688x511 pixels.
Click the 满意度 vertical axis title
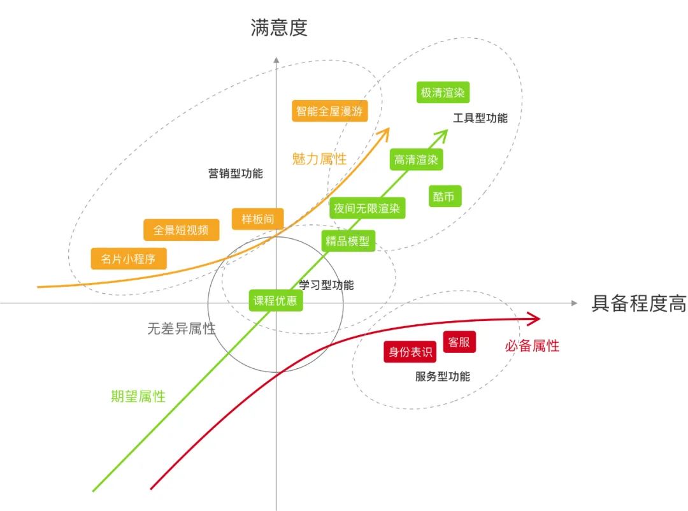pyautogui.click(x=278, y=28)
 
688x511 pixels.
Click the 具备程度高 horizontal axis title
pyautogui.click(x=639, y=303)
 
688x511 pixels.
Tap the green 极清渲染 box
pyautogui.click(x=442, y=92)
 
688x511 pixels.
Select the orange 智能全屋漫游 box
pyautogui.click(x=330, y=111)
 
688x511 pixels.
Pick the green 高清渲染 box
pyautogui.click(x=416, y=160)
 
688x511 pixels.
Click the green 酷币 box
pyautogui.click(x=443, y=197)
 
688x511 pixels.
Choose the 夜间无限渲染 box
pyautogui.click(x=368, y=208)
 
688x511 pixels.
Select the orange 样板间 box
pyautogui.click(x=258, y=219)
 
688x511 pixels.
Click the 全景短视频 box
pyautogui.click(x=181, y=230)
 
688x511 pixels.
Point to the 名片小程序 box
pyautogui.click(x=129, y=259)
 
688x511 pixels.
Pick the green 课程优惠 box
pyautogui.click(x=275, y=300)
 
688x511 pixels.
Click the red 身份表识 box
pyautogui.click(x=410, y=351)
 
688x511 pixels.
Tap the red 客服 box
pyautogui.click(x=459, y=342)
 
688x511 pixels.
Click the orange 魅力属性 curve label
pyautogui.click(x=319, y=159)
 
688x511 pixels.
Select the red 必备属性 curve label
pyautogui.click(x=532, y=346)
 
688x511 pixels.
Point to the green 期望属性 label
pyautogui.click(x=138, y=396)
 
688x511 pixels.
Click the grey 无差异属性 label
pyautogui.click(x=181, y=329)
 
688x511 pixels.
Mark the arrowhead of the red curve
pyautogui.click(x=535, y=318)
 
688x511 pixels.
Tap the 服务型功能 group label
pyautogui.click(x=442, y=377)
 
